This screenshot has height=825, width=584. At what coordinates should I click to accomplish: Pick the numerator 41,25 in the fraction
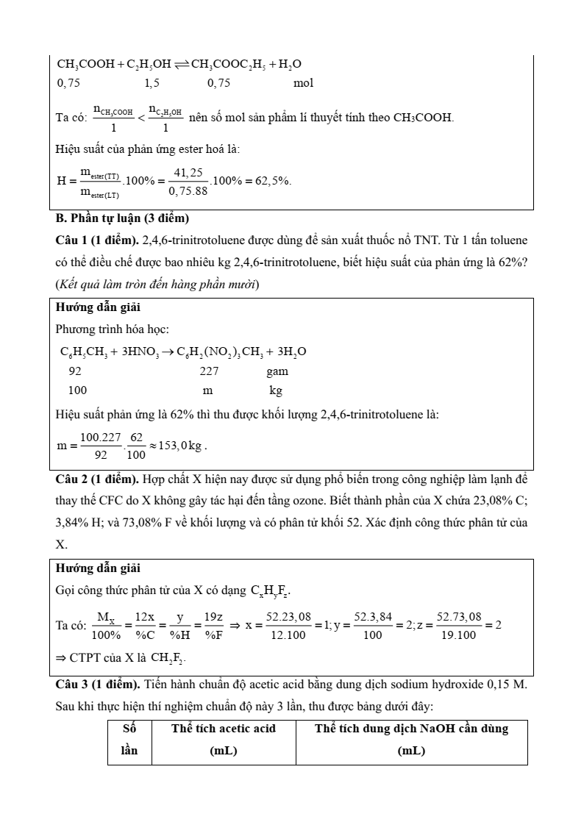coord(186,172)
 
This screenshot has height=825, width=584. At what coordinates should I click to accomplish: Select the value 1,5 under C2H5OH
coord(153,83)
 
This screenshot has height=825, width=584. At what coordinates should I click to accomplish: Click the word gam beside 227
coord(277,372)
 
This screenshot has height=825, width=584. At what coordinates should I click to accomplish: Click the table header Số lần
coord(129,740)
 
